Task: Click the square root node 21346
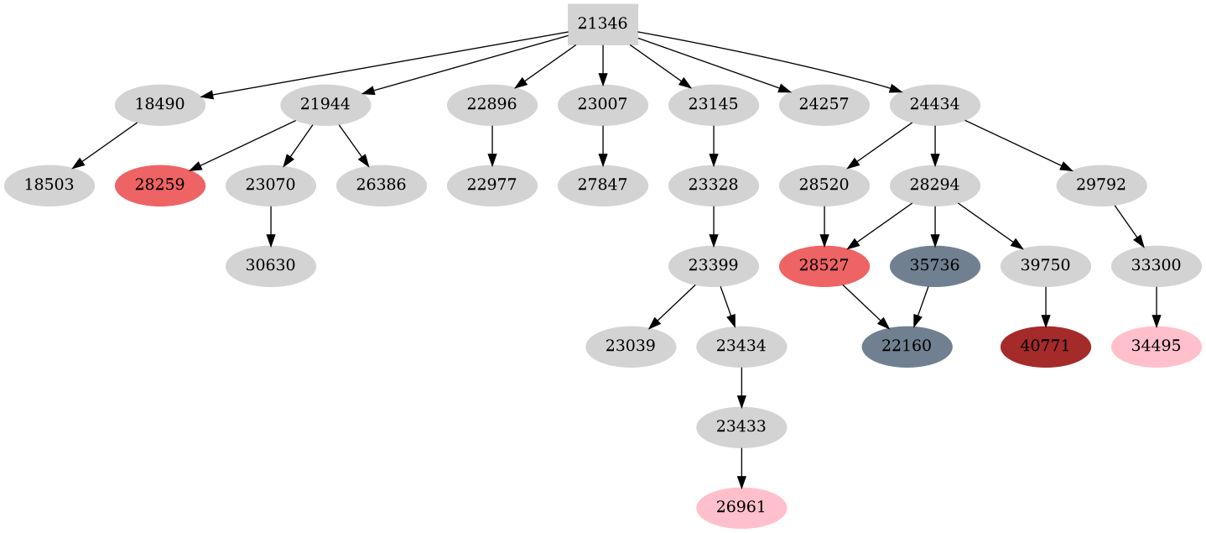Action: click(602, 24)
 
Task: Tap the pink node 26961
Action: click(741, 508)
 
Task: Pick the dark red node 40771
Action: click(1045, 347)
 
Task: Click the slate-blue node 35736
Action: click(934, 266)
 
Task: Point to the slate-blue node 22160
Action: click(907, 347)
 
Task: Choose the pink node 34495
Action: click(1156, 347)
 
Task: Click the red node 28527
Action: click(824, 266)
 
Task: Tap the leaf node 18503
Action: click(49, 186)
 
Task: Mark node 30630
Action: click(270, 266)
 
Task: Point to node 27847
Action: click(602, 186)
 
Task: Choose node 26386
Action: click(382, 186)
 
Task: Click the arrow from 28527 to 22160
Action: click(865, 306)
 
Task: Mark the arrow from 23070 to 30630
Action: click(270, 226)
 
